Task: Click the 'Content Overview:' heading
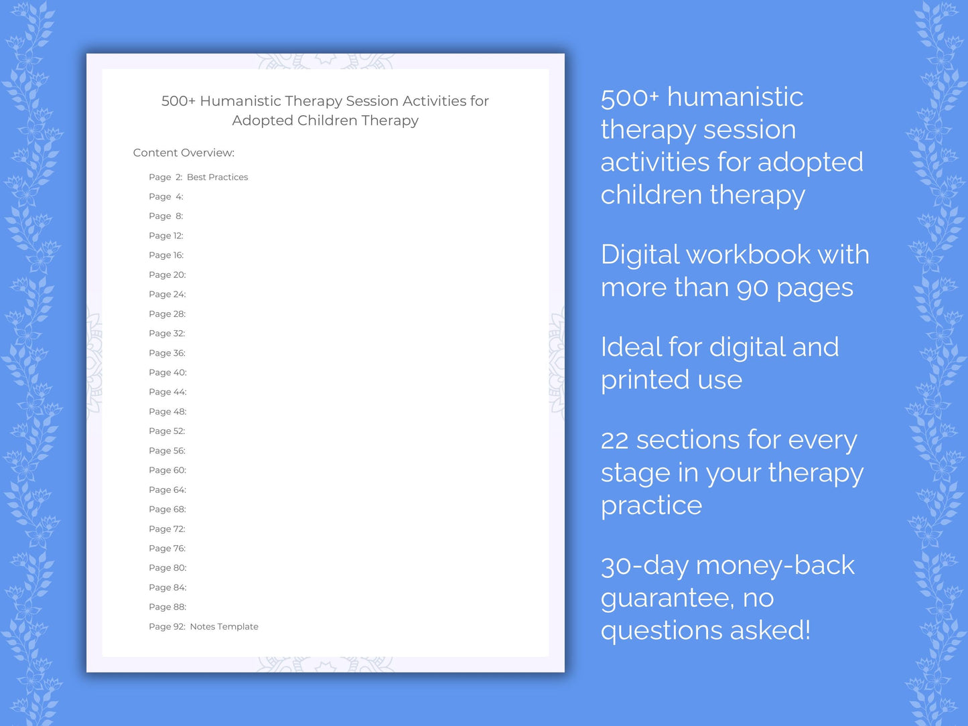click(184, 153)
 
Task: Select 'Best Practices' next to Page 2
click(217, 177)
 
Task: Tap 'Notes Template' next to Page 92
click(224, 626)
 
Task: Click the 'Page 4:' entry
click(165, 196)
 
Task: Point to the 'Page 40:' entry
click(167, 372)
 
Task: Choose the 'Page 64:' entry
click(167, 490)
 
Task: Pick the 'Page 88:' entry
click(167, 607)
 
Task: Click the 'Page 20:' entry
click(167, 275)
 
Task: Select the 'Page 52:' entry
click(167, 431)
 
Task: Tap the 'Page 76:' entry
click(167, 548)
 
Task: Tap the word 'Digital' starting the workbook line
click(639, 255)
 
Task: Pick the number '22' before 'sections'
click(614, 441)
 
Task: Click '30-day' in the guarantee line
click(644, 566)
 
